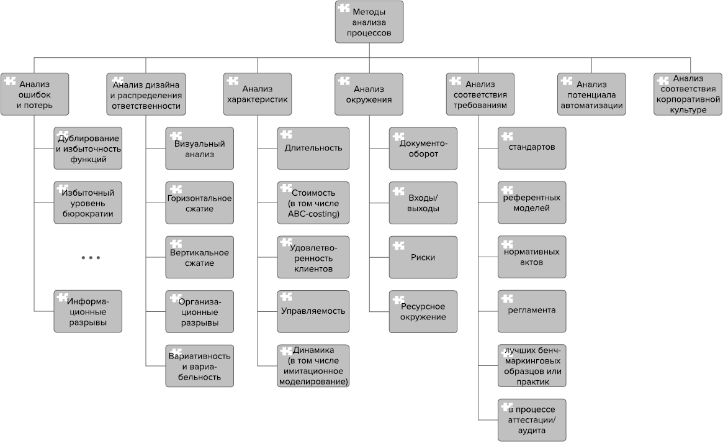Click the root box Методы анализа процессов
(369, 22)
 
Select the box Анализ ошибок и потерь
(34, 94)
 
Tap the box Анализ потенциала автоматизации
(591, 94)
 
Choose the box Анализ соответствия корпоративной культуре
(688, 94)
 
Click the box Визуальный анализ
(200, 148)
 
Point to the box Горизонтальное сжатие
(200, 203)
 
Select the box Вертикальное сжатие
(200, 257)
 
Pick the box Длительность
(313, 148)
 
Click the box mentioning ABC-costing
(313, 203)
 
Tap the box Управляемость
(313, 311)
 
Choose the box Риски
(423, 257)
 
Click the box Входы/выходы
(423, 203)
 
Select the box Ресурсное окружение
(423, 311)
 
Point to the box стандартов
(532, 148)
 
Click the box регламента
(532, 311)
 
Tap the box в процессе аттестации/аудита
(532, 419)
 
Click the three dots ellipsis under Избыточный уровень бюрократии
(91, 257)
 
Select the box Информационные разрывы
(88, 311)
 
